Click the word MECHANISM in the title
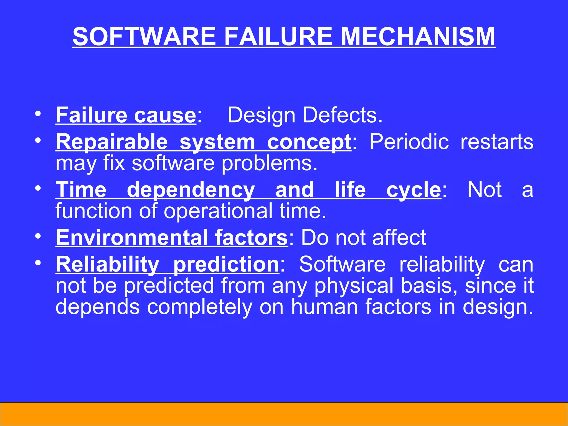418,37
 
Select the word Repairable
112,142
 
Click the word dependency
191,190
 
